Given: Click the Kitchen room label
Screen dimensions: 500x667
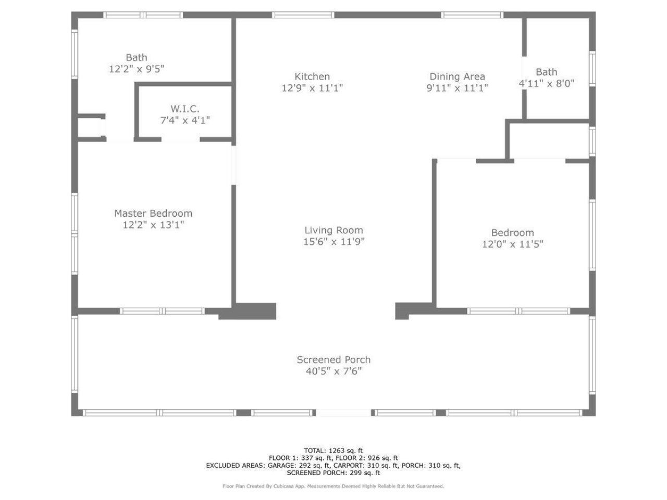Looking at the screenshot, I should tap(312, 77).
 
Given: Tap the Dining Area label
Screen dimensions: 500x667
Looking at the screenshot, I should tap(457, 77).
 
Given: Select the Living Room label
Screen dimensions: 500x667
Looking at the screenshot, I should tap(333, 230).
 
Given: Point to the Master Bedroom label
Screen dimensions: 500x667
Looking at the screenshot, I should tap(153, 213).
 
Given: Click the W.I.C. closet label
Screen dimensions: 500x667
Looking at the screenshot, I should tap(184, 109).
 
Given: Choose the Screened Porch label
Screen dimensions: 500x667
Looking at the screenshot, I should tap(333, 359).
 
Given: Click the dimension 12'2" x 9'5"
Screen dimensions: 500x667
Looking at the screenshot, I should tap(137, 69).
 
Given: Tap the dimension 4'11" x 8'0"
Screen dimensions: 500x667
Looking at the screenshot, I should tap(546, 83).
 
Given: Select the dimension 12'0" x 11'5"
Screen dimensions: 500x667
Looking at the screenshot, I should tap(512, 244).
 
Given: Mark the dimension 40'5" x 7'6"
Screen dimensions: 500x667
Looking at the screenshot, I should tap(333, 371).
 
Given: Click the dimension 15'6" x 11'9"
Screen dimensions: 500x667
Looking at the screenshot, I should tap(333, 242).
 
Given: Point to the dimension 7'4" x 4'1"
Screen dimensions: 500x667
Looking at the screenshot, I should tap(184, 120).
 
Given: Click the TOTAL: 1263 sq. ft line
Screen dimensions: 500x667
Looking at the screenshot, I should tap(333, 451).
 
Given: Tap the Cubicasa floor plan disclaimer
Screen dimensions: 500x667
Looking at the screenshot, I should tap(333, 486).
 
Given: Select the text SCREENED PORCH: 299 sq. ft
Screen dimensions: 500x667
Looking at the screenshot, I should tap(333, 473).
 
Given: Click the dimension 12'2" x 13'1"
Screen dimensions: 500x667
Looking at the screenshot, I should tap(153, 225).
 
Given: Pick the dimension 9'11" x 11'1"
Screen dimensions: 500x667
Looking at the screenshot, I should tap(457, 88).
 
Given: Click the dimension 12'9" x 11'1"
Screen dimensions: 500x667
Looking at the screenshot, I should tap(312, 88).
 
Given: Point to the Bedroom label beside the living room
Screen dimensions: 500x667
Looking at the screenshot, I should tap(512, 233).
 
